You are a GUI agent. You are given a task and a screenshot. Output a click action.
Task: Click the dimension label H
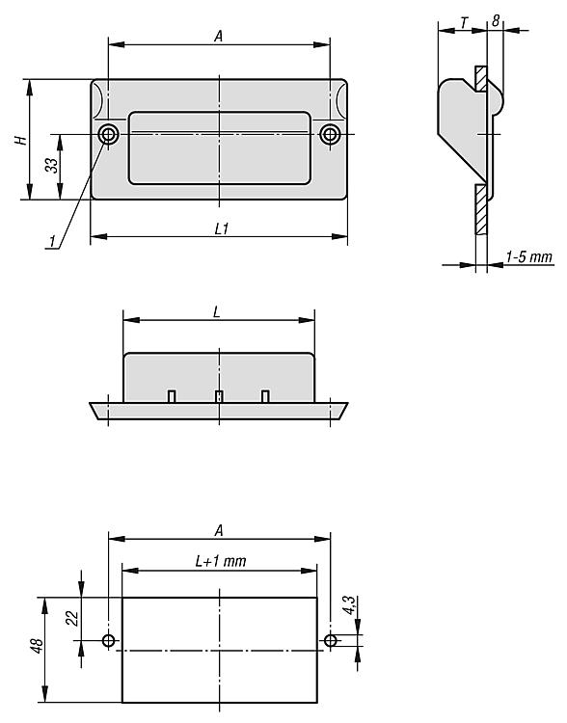21,139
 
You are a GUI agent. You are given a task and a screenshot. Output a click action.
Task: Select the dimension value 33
52,165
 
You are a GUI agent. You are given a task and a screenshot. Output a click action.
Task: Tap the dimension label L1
222,228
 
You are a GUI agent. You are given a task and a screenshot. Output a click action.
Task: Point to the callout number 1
53,241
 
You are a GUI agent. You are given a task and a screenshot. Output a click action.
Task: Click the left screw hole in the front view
108,135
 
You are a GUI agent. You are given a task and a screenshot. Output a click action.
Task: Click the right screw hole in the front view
330,135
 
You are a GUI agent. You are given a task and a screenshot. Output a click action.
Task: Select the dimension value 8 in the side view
496,21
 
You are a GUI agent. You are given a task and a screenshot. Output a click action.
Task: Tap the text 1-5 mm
529,256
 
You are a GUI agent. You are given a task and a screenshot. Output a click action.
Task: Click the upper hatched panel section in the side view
481,78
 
